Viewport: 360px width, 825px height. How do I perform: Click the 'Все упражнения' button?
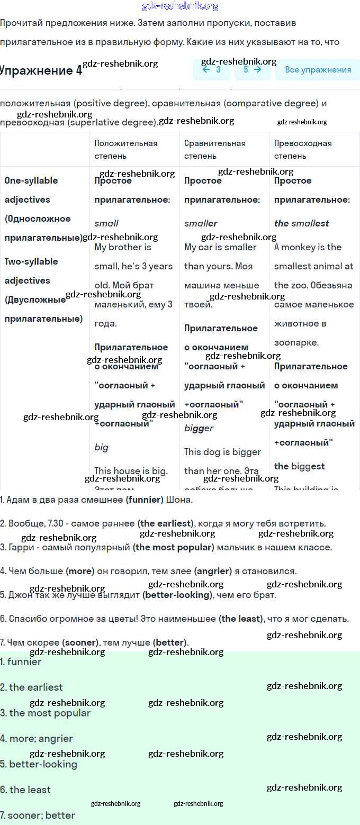click(318, 70)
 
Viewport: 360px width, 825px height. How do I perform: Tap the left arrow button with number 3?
click(211, 70)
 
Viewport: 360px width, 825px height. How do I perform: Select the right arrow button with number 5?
click(253, 70)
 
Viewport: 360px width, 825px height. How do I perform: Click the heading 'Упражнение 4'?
click(41, 71)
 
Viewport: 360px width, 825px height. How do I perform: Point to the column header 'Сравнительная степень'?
click(214, 149)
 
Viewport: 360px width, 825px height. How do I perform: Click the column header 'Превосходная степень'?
click(303, 149)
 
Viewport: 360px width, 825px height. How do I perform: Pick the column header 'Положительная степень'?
click(126, 149)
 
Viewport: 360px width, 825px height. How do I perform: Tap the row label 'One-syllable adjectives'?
click(31, 190)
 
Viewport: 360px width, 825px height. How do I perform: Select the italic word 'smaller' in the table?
click(201, 223)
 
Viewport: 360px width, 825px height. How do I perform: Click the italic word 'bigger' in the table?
click(199, 428)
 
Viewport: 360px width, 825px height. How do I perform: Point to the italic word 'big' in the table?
click(101, 447)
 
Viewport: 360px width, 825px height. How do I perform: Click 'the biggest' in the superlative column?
click(299, 466)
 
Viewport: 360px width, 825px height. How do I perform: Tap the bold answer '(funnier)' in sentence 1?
click(145, 500)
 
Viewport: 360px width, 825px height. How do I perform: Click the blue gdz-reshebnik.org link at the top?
click(180, 6)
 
